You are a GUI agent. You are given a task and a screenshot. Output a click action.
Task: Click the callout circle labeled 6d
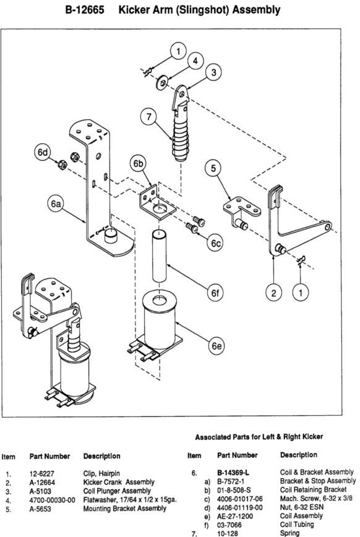pos(43,152)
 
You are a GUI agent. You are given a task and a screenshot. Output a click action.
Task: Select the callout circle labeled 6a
pos(56,204)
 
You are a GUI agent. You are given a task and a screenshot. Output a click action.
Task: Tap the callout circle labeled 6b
pos(139,165)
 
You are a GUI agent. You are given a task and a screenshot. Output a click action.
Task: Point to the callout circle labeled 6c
pos(215,243)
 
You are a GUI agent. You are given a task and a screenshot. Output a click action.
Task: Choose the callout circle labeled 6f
pos(215,293)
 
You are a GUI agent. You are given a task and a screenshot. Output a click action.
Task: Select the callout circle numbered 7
pos(148,117)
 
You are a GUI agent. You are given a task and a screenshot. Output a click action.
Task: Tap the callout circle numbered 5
pos(213,168)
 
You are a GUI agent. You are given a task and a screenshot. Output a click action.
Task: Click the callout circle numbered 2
pos(273,293)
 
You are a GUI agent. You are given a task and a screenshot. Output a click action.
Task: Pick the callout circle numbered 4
pos(195,61)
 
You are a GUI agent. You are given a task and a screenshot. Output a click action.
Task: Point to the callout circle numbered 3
pos(213,72)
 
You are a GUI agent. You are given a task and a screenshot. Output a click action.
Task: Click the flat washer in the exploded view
pos(161,84)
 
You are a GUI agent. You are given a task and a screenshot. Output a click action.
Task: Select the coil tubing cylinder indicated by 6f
pos(159,256)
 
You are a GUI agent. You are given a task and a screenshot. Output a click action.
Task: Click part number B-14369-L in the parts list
pos(233,473)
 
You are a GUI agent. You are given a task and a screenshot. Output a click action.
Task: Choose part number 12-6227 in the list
pos(42,474)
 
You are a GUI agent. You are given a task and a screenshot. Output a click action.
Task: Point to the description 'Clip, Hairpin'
pos(101,474)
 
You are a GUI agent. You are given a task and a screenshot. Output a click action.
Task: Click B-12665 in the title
pos(85,10)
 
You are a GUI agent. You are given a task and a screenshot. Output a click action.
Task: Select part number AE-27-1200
pos(235,516)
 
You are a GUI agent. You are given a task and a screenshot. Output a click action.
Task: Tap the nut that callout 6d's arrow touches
pos(62,165)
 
